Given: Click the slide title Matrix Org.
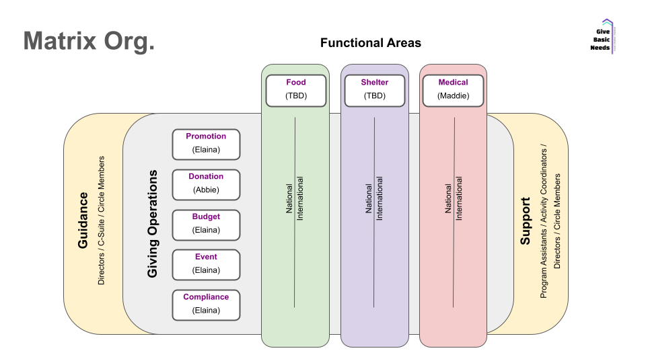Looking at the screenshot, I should click(89, 41).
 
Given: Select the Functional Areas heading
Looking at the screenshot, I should click(370, 43).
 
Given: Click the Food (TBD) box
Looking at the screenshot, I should click(295, 89).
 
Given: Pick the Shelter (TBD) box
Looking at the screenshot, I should click(375, 89).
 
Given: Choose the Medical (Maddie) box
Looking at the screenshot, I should click(453, 89).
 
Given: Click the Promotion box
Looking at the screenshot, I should click(206, 143).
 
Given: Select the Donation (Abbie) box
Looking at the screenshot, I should click(206, 184).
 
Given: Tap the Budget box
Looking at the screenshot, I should click(206, 224).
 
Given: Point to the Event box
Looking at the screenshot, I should click(206, 264).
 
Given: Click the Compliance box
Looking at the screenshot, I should click(206, 304).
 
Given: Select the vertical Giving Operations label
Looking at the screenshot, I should click(153, 224).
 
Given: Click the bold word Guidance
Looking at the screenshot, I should click(83, 220).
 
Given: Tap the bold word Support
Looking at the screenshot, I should click(526, 220).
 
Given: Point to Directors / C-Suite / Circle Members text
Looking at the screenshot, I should click(102, 220).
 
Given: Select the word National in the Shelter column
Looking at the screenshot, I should click(369, 200).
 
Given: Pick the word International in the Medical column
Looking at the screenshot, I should click(460, 198).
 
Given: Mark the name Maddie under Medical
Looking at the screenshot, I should click(453, 96).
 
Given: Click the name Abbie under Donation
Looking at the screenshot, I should click(206, 190).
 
